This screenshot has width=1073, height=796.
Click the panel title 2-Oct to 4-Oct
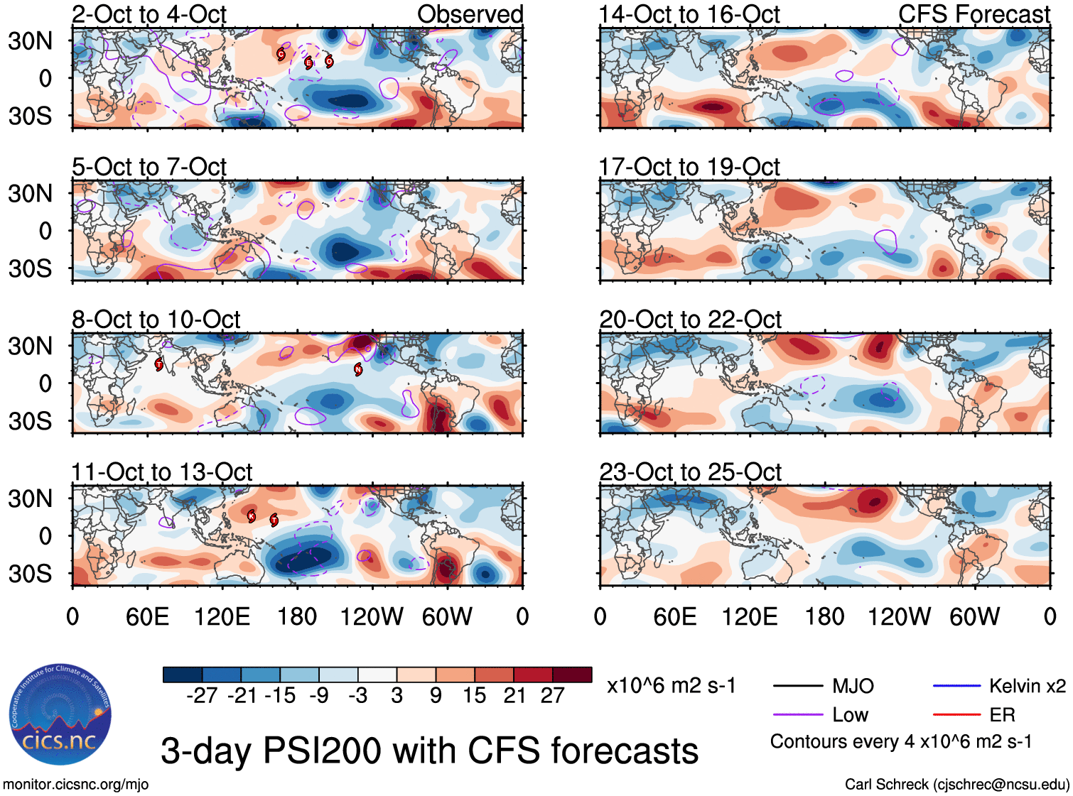(x=149, y=14)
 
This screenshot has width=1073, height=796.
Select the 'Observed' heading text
(x=470, y=14)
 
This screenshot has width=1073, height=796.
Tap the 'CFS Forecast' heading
(x=974, y=14)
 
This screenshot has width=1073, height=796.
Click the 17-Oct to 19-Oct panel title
(x=689, y=167)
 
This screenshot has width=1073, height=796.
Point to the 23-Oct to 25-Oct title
(x=690, y=472)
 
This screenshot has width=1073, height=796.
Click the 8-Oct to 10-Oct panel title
(x=156, y=320)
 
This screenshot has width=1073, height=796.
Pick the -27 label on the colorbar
(x=202, y=696)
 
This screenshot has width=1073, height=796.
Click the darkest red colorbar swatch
(x=572, y=675)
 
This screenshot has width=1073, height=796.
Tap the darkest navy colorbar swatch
(x=183, y=675)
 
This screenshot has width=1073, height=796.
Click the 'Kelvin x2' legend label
(x=1027, y=686)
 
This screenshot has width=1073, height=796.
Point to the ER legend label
(x=1002, y=714)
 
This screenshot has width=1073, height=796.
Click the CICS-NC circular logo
(x=60, y=715)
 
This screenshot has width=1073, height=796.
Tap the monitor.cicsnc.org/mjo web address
(x=76, y=785)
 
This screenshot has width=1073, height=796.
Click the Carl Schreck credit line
(x=956, y=785)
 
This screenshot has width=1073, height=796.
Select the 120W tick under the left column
(x=372, y=616)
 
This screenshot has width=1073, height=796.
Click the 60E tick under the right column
(x=674, y=616)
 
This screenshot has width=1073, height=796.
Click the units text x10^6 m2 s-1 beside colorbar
(x=671, y=686)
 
